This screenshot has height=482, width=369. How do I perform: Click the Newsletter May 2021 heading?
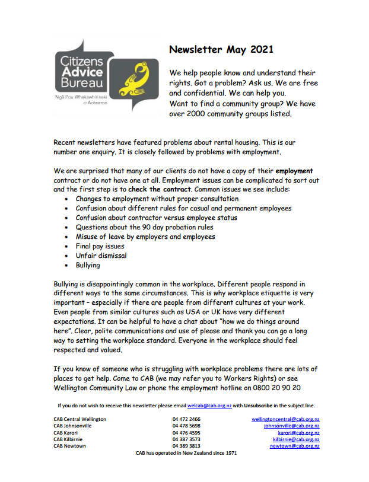pyautogui.click(x=221, y=49)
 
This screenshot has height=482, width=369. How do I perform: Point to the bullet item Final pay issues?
pyautogui.click(x=100, y=246)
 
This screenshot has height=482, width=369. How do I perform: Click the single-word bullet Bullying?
pyautogui.click(x=88, y=265)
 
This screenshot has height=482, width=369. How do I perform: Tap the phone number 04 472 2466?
pyautogui.click(x=186, y=419)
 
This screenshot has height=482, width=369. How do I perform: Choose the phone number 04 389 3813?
pyautogui.click(x=186, y=446)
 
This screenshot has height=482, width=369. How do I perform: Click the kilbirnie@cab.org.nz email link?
pyautogui.click(x=295, y=439)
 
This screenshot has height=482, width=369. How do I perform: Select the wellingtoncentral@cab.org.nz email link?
pyautogui.click(x=285, y=419)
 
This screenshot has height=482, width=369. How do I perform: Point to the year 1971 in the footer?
pyautogui.click(x=231, y=453)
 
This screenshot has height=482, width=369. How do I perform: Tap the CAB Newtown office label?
pyautogui.click(x=69, y=446)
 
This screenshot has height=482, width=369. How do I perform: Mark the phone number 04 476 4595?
pyautogui.click(x=186, y=433)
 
